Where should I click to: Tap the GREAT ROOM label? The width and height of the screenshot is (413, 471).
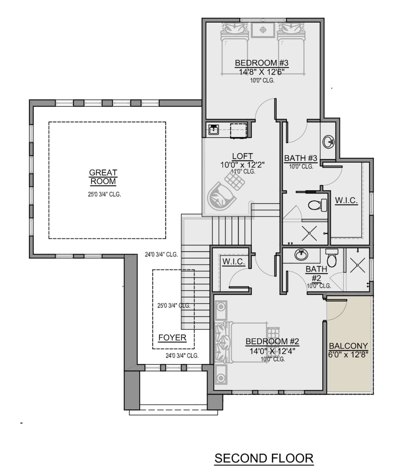tap(103, 177)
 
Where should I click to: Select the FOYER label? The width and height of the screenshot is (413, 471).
tap(172, 338)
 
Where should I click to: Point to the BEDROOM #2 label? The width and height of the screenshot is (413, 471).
tap(272, 341)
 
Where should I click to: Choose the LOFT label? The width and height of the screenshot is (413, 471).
tap(242, 156)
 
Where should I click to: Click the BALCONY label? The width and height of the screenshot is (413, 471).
tap(348, 346)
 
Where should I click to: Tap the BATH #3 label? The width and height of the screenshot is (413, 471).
tap(300, 158)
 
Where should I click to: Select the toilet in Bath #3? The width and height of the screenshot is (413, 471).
tap(317, 205)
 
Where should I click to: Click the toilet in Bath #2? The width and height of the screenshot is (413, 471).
tap(332, 258)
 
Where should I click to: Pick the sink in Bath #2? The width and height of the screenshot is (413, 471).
tap(301, 255)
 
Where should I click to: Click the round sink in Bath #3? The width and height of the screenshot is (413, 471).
tap(328, 142)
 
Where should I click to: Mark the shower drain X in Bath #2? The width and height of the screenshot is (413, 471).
tap(358, 265)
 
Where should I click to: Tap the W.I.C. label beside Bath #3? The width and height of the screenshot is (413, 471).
tap(346, 200)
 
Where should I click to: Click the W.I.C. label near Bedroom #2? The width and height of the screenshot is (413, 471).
tap(233, 261)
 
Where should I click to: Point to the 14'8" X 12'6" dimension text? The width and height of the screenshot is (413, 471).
tap(262, 72)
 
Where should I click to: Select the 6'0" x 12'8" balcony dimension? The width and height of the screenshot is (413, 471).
tap(348, 355)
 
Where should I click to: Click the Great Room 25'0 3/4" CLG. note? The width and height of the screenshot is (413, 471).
tap(104, 194)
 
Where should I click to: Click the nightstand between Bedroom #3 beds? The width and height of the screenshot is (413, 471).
tap(263, 30)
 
